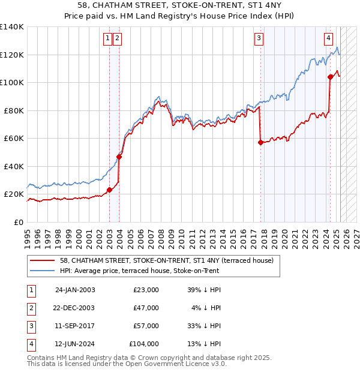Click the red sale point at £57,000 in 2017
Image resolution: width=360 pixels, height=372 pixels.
coord(260,143)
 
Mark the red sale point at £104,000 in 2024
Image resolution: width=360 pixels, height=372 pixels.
coord(330,77)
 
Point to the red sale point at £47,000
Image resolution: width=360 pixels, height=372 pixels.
coord(119,157)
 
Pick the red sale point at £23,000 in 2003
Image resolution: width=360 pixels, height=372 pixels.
coord(110,190)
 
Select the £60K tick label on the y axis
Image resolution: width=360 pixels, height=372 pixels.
coord(14,139)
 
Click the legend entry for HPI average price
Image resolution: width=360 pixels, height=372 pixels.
coord(139,271)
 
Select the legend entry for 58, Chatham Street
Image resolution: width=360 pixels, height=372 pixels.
coord(166,260)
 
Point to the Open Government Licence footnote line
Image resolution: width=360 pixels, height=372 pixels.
coord(127,364)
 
